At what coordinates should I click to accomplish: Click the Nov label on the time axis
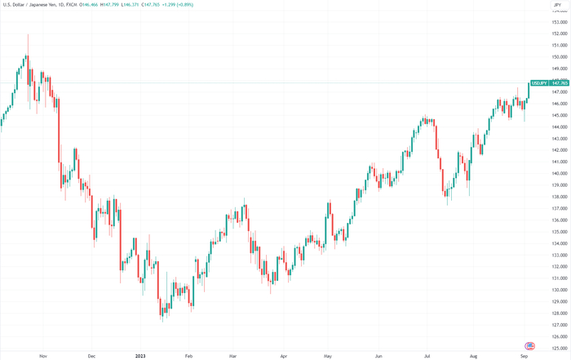click(43, 356)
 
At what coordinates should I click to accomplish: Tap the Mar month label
click(234, 356)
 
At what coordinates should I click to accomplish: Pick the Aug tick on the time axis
click(474, 356)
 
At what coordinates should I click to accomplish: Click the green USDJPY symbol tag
click(538, 83)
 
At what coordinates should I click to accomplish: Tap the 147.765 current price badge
click(559, 83)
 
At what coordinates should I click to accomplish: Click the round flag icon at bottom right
click(529, 346)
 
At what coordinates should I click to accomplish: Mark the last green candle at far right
click(529, 92)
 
